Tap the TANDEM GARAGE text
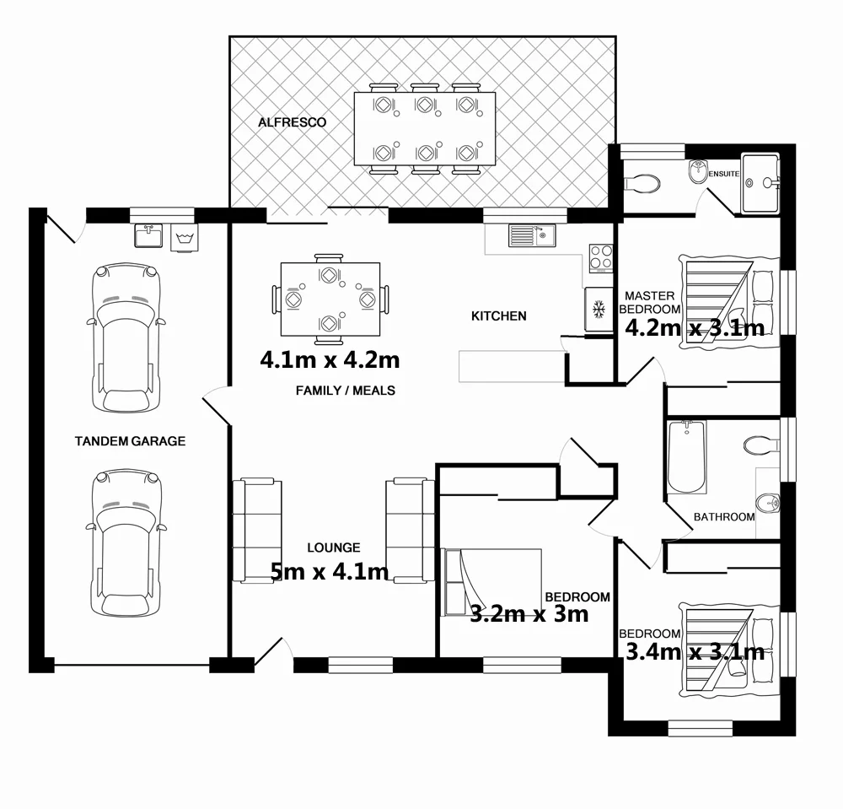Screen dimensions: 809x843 click(130, 441)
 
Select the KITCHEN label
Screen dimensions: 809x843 click(498, 316)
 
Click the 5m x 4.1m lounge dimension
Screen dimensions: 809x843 click(330, 572)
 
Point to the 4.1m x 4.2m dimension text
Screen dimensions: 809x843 click(330, 360)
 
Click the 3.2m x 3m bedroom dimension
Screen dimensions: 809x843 click(529, 614)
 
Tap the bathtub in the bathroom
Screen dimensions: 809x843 click(686, 457)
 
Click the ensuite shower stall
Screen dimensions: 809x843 click(761, 182)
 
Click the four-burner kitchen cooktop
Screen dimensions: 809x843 click(600, 256)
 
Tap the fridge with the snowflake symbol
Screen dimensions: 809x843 click(599, 310)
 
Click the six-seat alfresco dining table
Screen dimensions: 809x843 click(425, 129)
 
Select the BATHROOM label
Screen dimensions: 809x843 click(723, 517)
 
